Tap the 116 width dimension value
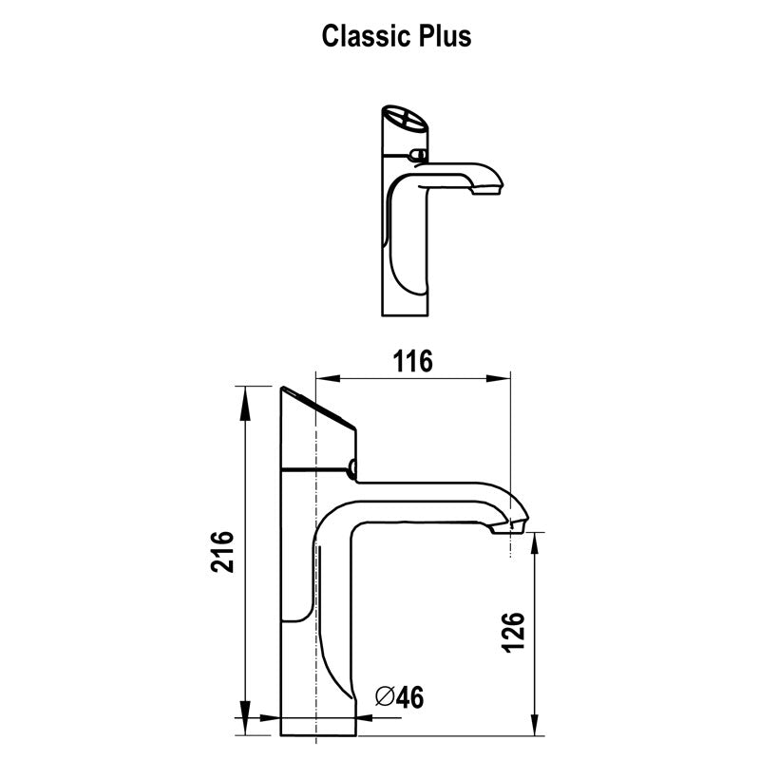pos(412,361)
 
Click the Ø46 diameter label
pos(399,698)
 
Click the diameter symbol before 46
pos(385,698)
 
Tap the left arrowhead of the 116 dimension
pos(324,379)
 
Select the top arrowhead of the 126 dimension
pos(537,541)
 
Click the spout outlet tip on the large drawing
pos(518,523)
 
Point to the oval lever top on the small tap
pos(405,121)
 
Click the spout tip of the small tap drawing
pos(493,187)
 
